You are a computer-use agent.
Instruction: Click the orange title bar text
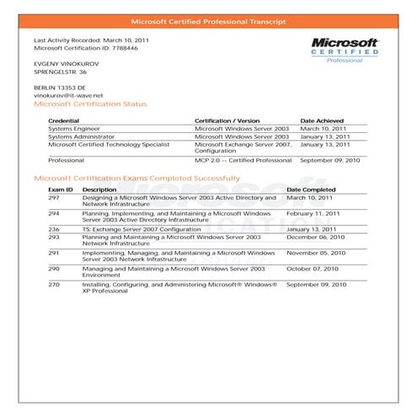click(208, 20)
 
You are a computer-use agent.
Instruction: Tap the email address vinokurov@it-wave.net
click(68, 95)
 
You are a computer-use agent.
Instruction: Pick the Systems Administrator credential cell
click(81, 136)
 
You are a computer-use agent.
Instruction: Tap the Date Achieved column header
click(324, 121)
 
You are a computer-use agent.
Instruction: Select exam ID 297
click(54, 197)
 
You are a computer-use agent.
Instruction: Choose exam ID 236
click(54, 228)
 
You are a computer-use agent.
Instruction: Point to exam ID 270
click(54, 285)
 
